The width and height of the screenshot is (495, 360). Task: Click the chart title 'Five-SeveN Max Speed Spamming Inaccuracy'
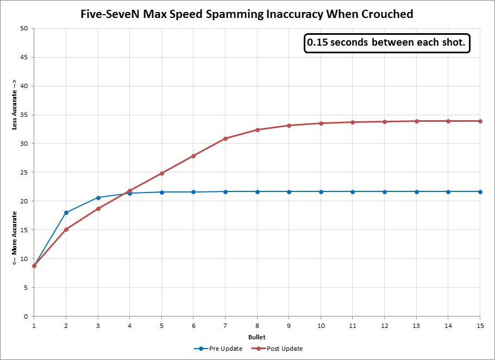point(247,14)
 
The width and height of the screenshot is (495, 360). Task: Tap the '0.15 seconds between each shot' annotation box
point(387,44)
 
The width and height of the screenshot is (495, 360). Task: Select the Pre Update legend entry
point(221,349)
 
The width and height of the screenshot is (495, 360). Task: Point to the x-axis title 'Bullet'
point(256,337)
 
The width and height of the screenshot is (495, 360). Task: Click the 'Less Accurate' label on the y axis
point(15,105)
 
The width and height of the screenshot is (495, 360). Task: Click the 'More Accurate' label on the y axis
point(15,238)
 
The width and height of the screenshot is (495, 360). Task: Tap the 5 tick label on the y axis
point(26,288)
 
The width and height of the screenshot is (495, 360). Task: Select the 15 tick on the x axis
point(480,324)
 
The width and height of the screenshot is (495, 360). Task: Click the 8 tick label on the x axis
point(257,324)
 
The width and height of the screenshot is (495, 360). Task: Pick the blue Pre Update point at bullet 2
point(66,213)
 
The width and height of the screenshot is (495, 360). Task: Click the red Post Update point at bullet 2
point(66,229)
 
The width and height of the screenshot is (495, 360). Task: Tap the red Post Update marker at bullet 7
point(225,139)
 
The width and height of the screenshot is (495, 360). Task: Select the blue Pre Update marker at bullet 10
point(321,191)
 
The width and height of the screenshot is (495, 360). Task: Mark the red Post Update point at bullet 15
point(480,121)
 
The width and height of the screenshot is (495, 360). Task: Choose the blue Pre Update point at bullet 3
point(98,197)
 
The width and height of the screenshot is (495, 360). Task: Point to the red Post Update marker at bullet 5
point(161,173)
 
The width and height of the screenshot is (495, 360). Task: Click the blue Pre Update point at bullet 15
point(480,191)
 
